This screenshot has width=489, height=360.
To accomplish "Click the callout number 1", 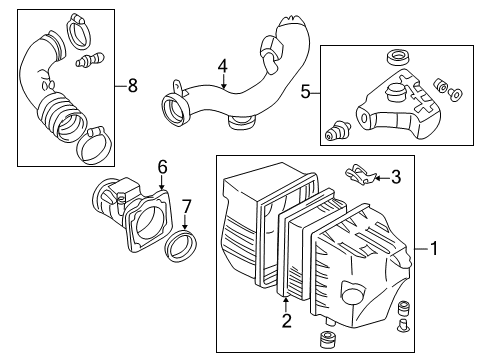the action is tap(434, 249).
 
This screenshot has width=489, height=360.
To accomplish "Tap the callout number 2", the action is tap(286, 321).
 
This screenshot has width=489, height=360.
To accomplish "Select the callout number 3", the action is tap(396, 177).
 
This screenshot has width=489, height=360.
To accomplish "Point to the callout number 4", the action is tap(223, 66).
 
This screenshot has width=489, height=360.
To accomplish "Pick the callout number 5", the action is tap(305, 91).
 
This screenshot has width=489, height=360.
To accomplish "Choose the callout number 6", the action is tap(162, 167).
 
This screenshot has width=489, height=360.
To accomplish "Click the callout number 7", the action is tap(186, 207).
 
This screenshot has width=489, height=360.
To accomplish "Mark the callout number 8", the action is tap(132, 86).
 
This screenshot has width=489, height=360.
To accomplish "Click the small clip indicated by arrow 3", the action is tap(360, 175).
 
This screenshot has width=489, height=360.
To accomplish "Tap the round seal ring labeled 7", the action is tap(181, 245).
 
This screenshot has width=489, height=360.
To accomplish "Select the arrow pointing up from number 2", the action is tap(286, 304).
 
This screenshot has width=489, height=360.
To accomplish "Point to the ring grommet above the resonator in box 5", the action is tap(398, 58).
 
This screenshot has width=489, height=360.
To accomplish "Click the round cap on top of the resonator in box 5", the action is tap(395, 90).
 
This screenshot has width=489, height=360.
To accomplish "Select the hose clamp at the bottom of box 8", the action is tap(95, 146).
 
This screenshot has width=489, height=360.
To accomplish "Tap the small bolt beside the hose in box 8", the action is tap(90, 60).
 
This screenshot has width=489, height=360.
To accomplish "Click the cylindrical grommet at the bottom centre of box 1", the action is tap(328, 339).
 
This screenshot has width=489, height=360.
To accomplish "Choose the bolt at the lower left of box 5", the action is tap(337, 131).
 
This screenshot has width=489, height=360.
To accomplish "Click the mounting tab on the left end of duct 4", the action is tap(178, 88).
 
